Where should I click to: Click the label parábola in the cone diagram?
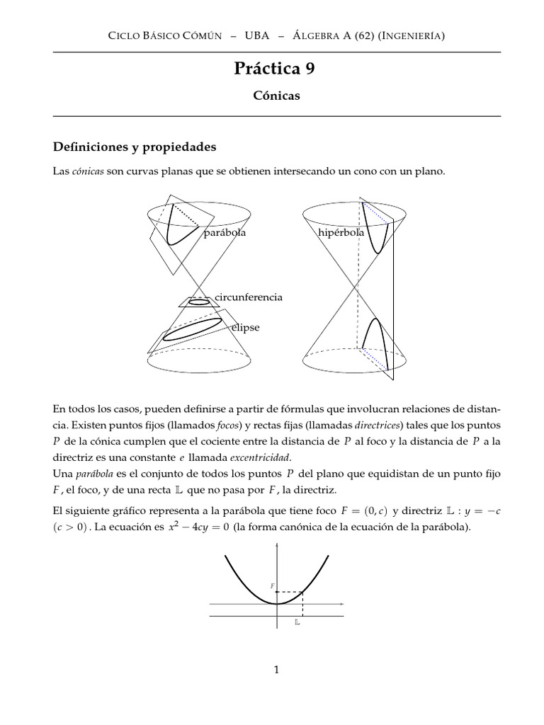click(225, 233)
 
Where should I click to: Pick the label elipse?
click(244, 328)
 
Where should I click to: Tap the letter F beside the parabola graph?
click(272, 586)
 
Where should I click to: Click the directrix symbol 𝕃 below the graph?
click(297, 623)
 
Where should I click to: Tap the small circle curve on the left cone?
click(200, 301)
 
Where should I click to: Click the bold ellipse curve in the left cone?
click(193, 330)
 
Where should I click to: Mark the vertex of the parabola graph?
click(277, 604)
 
